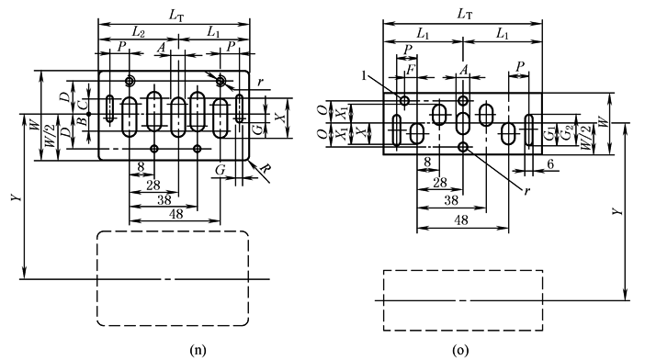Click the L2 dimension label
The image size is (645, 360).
tap(138, 31)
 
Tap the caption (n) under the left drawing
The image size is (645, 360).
tap(198, 350)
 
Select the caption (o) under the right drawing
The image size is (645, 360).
tap(460, 350)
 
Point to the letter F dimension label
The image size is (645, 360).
tap(410, 70)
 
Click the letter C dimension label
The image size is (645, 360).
tap(84, 104)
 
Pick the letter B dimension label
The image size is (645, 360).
tap(84, 121)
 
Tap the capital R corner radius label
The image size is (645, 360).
tap(267, 169)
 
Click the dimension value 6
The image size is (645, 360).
tap(550, 164)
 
